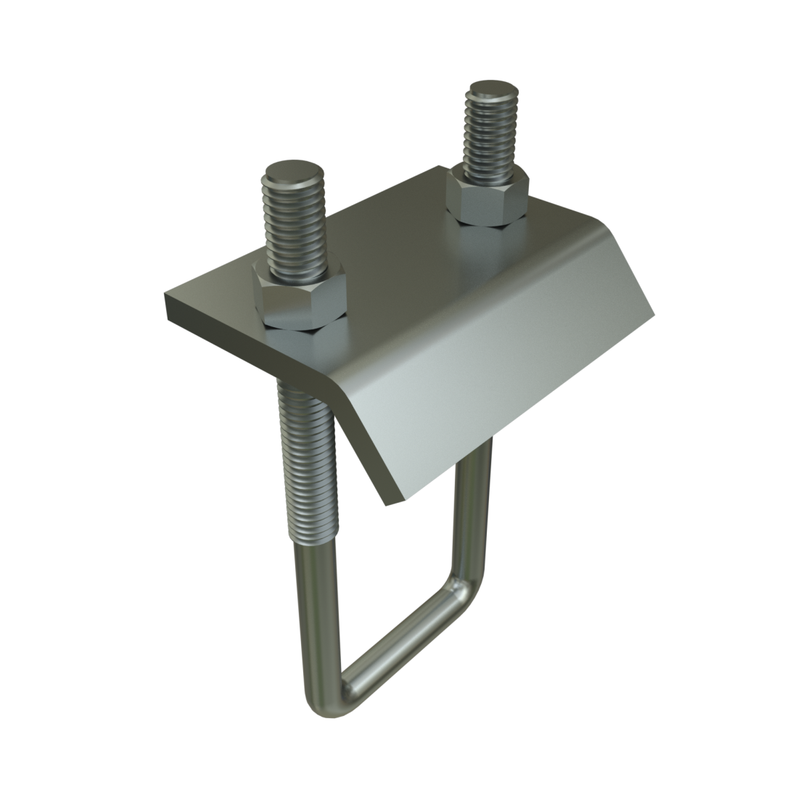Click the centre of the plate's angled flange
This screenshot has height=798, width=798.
coord(493,377)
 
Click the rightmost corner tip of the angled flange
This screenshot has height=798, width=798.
coord(654,316)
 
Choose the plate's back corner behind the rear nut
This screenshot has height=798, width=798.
coord(440,168)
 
